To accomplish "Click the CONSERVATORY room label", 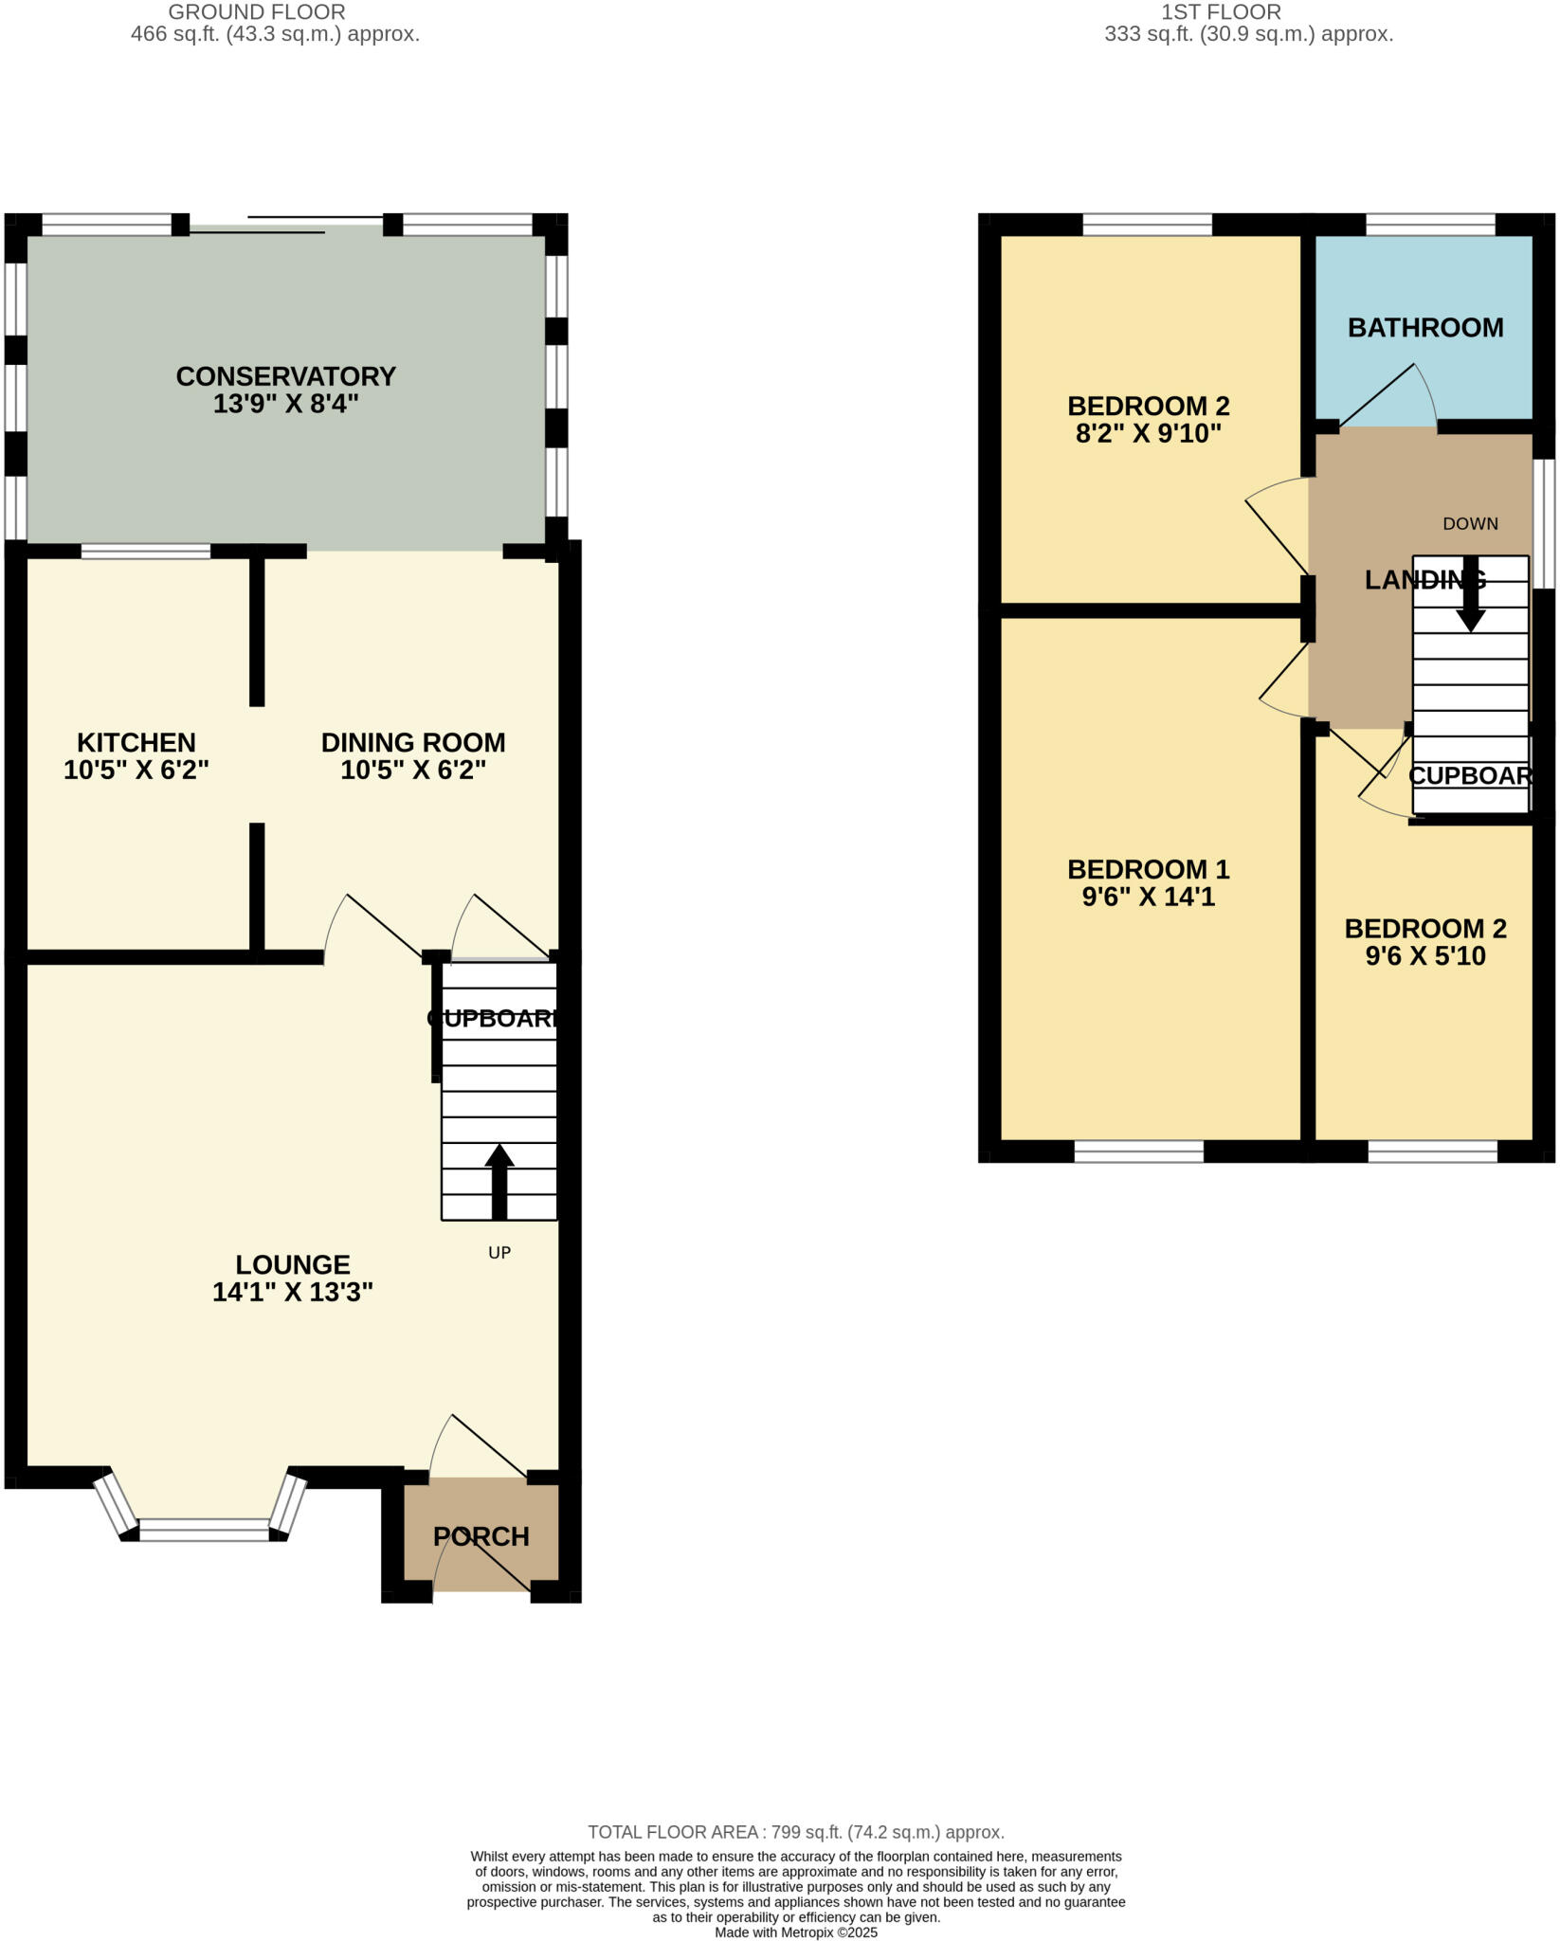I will pos(285,376).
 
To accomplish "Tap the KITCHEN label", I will pos(136,742).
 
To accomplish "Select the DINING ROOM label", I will pos(412,742).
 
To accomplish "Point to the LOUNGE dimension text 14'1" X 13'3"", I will pos(293,1292).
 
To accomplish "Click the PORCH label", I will pos(481,1536).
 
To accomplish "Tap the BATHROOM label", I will pos(1425,328).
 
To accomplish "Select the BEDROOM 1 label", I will pos(1148,869).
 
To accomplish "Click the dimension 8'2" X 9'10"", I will pos(1148,434).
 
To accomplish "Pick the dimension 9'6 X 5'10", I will pos(1425,956).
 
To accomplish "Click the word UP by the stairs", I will pos(499,1253).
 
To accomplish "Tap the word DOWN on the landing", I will pos(1470,524).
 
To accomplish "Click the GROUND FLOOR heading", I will pos(257,12).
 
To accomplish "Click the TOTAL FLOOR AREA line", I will pos(796,1833).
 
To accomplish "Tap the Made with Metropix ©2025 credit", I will pos(796,1932).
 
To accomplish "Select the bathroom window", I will pos(1430,225).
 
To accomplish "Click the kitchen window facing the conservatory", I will pos(146,551).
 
